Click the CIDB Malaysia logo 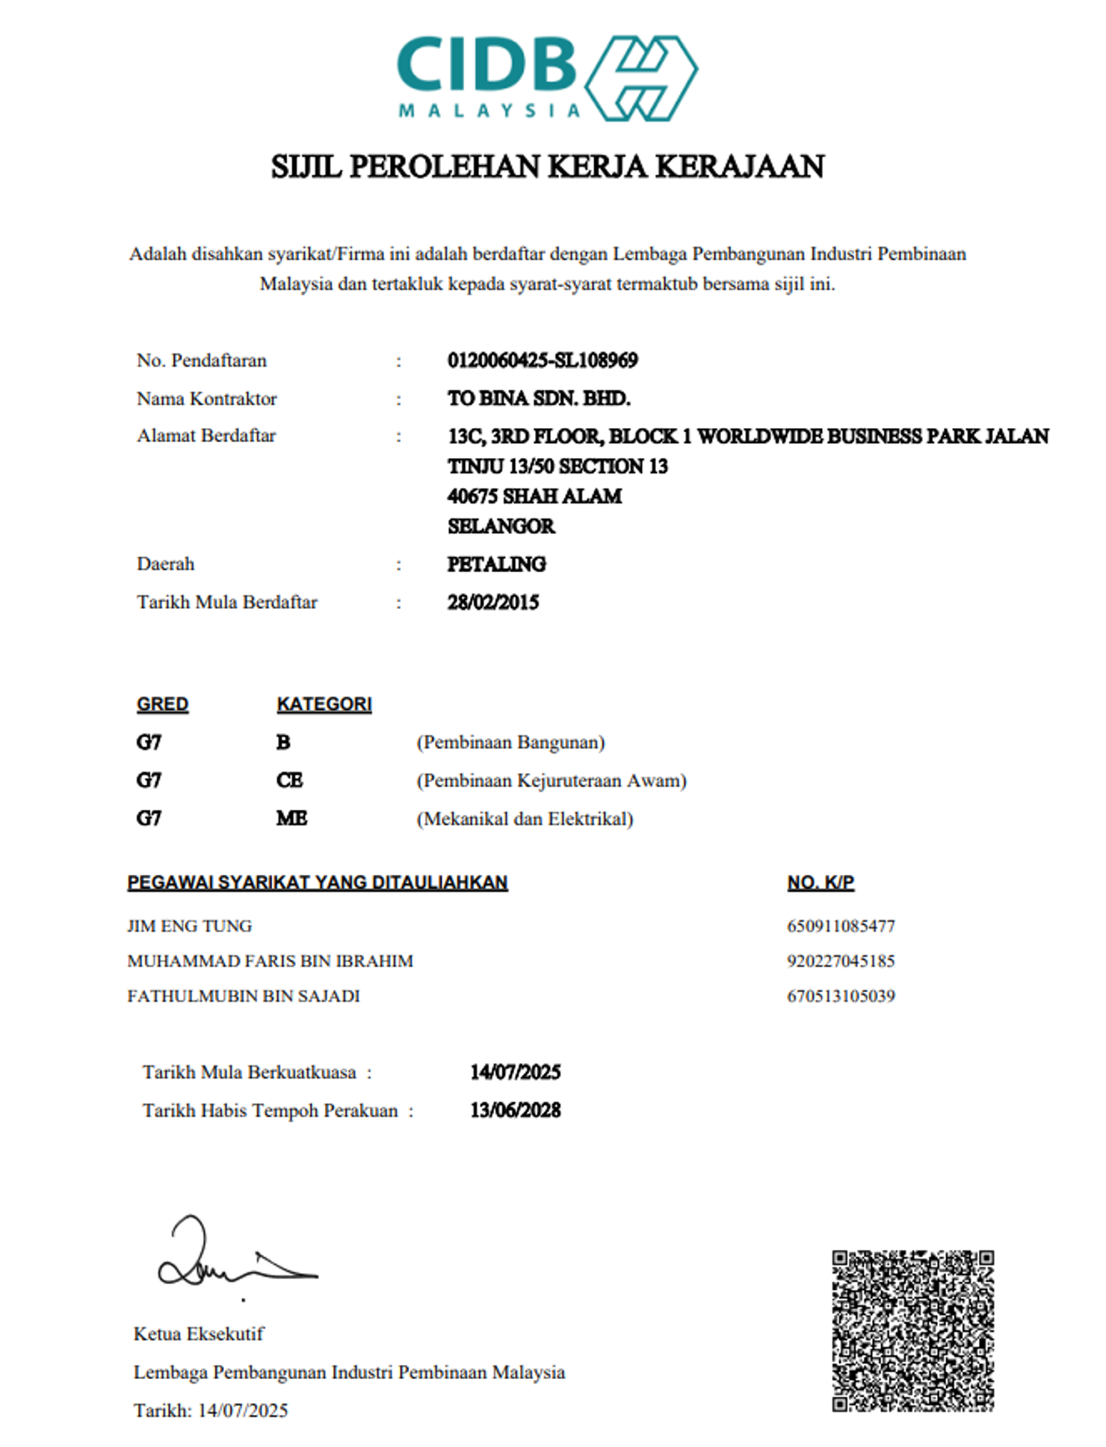547,78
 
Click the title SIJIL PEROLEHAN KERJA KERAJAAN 547,166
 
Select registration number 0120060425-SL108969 543,360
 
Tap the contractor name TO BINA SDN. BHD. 539,398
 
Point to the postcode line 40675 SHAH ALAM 534,496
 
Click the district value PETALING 496,564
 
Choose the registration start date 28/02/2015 493,602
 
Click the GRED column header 162,704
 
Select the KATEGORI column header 324,704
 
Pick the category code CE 289,781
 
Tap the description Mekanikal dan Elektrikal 525,819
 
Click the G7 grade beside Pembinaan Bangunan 149,743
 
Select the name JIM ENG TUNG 189,926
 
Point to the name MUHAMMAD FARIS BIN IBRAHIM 270,961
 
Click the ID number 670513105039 841,997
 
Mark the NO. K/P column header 820,882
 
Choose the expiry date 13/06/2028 515,1111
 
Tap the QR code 912,1330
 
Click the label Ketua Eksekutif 199,1334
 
